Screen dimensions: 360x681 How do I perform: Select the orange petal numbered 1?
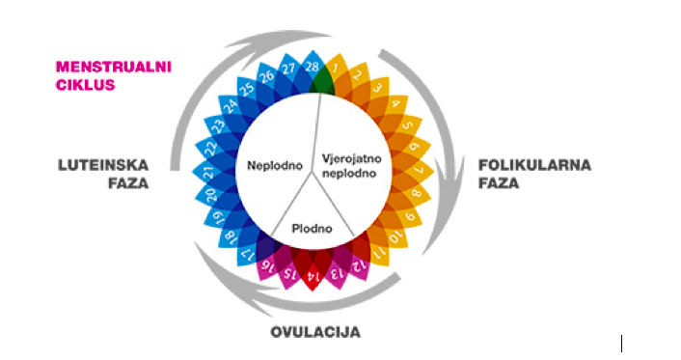point(335,69)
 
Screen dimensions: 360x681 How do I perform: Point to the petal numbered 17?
point(247,256)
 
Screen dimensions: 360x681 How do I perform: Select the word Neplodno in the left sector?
point(270,164)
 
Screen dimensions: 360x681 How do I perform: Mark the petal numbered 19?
point(219,216)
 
